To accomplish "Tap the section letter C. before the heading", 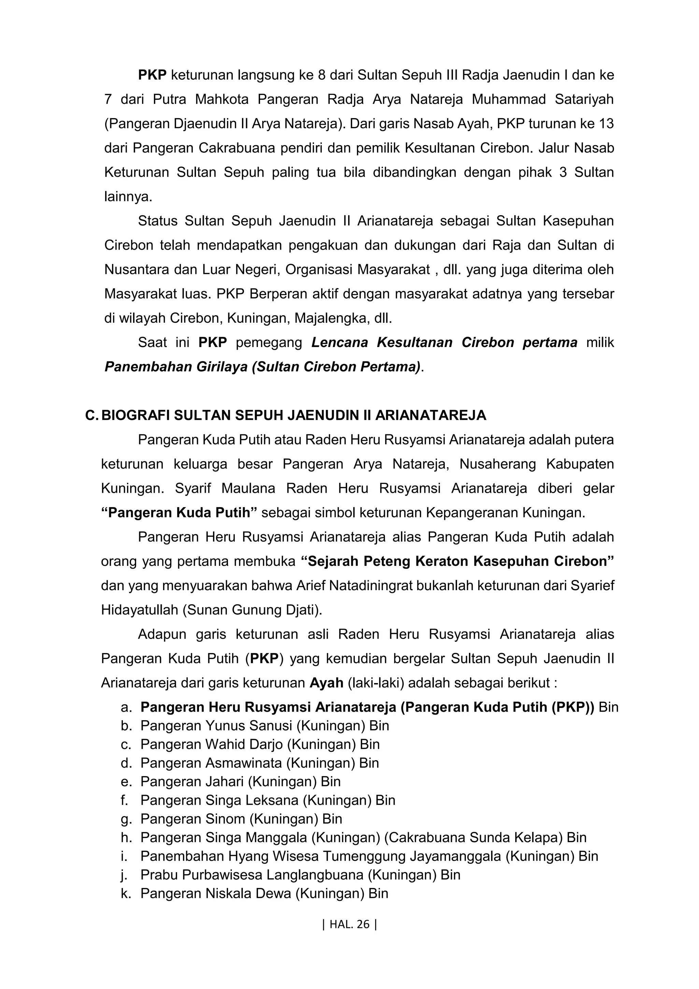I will (92, 415).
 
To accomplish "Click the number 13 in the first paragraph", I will (605, 124).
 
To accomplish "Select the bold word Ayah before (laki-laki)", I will (326, 683).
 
